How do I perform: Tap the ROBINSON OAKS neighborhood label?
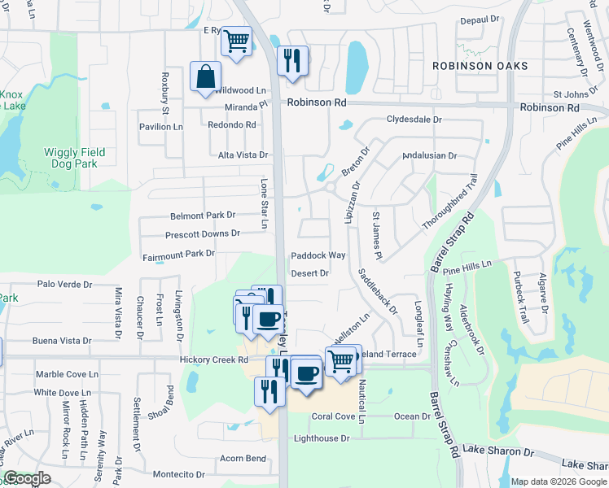480,66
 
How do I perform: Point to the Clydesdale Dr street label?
414,119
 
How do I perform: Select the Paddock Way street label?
318,255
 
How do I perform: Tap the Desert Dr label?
309,273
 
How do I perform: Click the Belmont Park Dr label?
203,216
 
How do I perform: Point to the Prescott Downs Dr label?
203,233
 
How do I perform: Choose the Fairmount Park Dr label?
178,254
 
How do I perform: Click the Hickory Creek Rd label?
209,359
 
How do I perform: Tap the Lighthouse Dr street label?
322,438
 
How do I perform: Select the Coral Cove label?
334,416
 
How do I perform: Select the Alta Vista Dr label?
243,155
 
